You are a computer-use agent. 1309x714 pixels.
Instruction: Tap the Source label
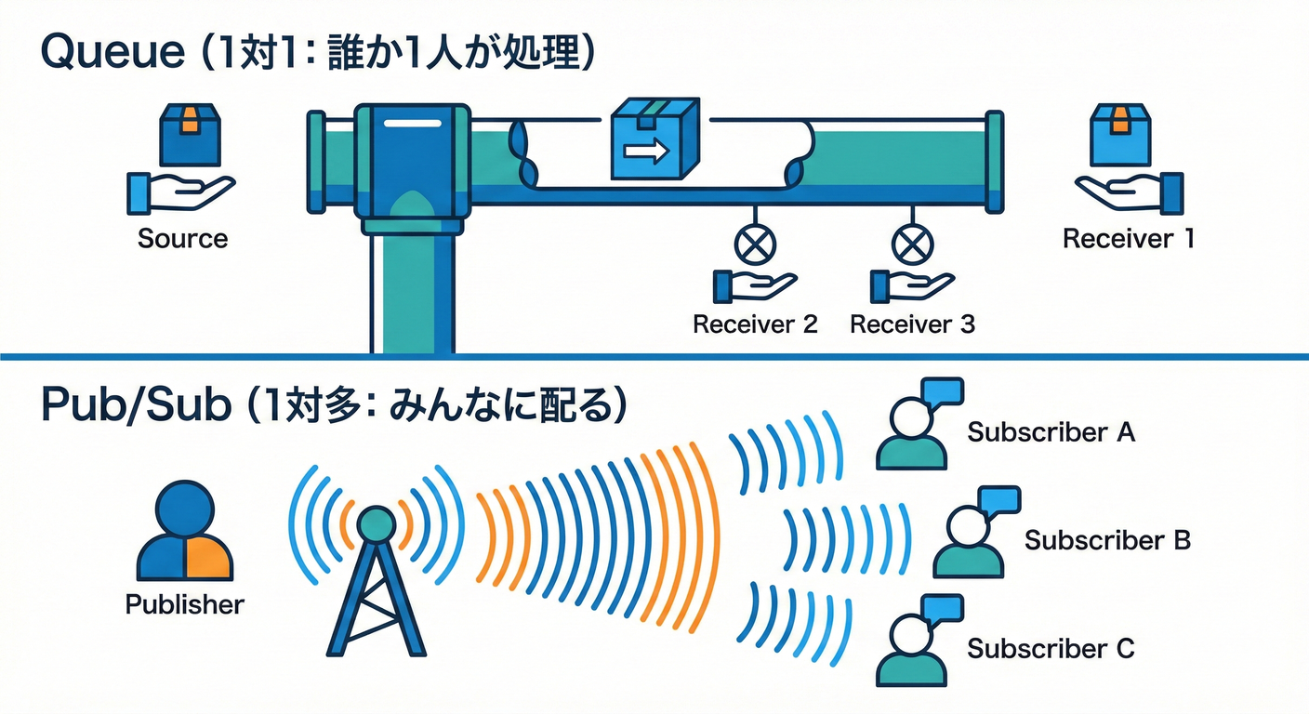point(182,239)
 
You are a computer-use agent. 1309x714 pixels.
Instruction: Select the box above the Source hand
point(189,134)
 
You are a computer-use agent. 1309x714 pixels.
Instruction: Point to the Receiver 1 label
point(1128,239)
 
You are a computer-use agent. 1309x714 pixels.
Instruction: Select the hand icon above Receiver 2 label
point(753,285)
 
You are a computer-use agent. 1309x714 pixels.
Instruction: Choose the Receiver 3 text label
point(912,324)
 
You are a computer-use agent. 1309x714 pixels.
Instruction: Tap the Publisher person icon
point(184,533)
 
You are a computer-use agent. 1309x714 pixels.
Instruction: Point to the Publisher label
point(184,604)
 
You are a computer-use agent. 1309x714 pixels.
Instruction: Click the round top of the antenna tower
point(377,523)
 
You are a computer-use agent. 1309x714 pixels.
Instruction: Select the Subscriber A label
point(1051,432)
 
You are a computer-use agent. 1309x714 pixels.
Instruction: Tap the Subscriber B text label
point(1107,540)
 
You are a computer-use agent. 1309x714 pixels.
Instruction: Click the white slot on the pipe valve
point(411,124)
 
